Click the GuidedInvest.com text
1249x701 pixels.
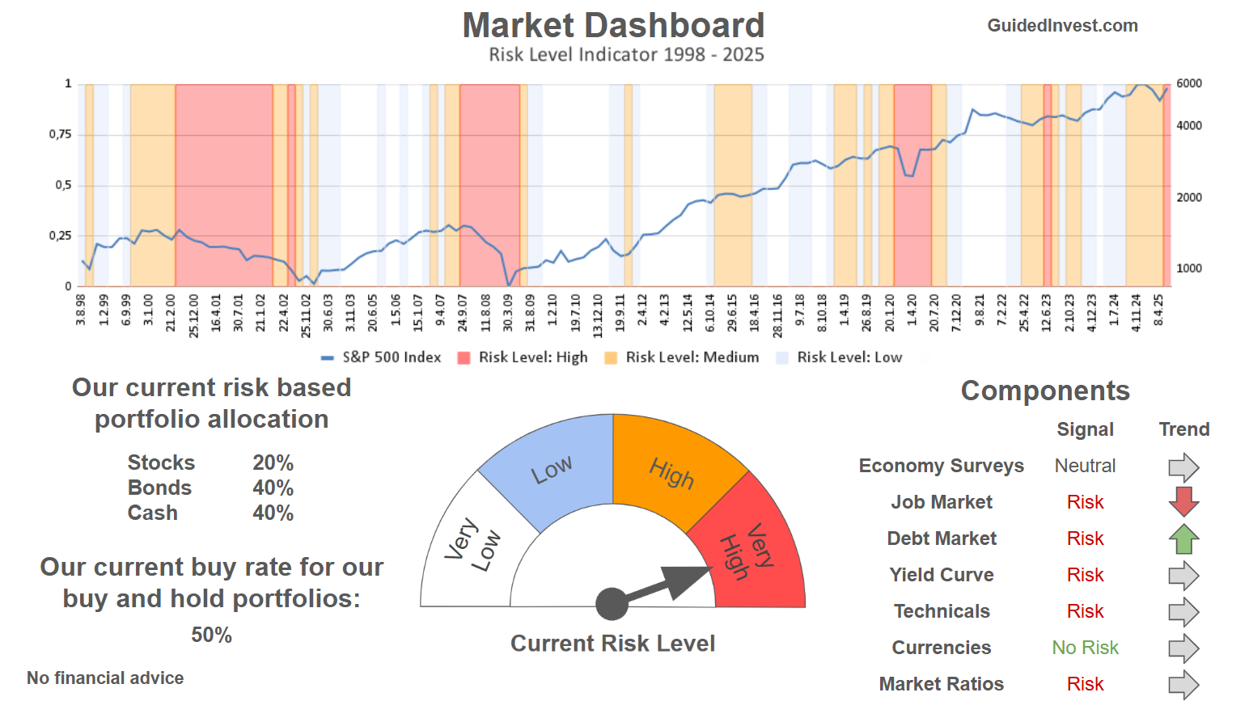1062,26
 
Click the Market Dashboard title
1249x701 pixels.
613,26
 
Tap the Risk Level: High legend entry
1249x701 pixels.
523,357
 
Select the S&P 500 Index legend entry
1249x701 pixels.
382,357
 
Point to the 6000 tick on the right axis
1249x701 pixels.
1188,83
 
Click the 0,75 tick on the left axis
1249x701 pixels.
61,134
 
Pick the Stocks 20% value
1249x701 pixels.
273,462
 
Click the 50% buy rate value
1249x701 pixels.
211,635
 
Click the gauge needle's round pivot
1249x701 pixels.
612,604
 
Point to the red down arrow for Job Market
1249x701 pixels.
1183,501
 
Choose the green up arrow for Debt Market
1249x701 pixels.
1183,538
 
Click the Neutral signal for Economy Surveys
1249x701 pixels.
1085,466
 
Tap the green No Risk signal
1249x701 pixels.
1085,648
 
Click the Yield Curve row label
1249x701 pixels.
942,575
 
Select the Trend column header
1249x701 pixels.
1183,429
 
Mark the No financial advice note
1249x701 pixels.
105,678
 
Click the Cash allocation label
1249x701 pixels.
153,513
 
